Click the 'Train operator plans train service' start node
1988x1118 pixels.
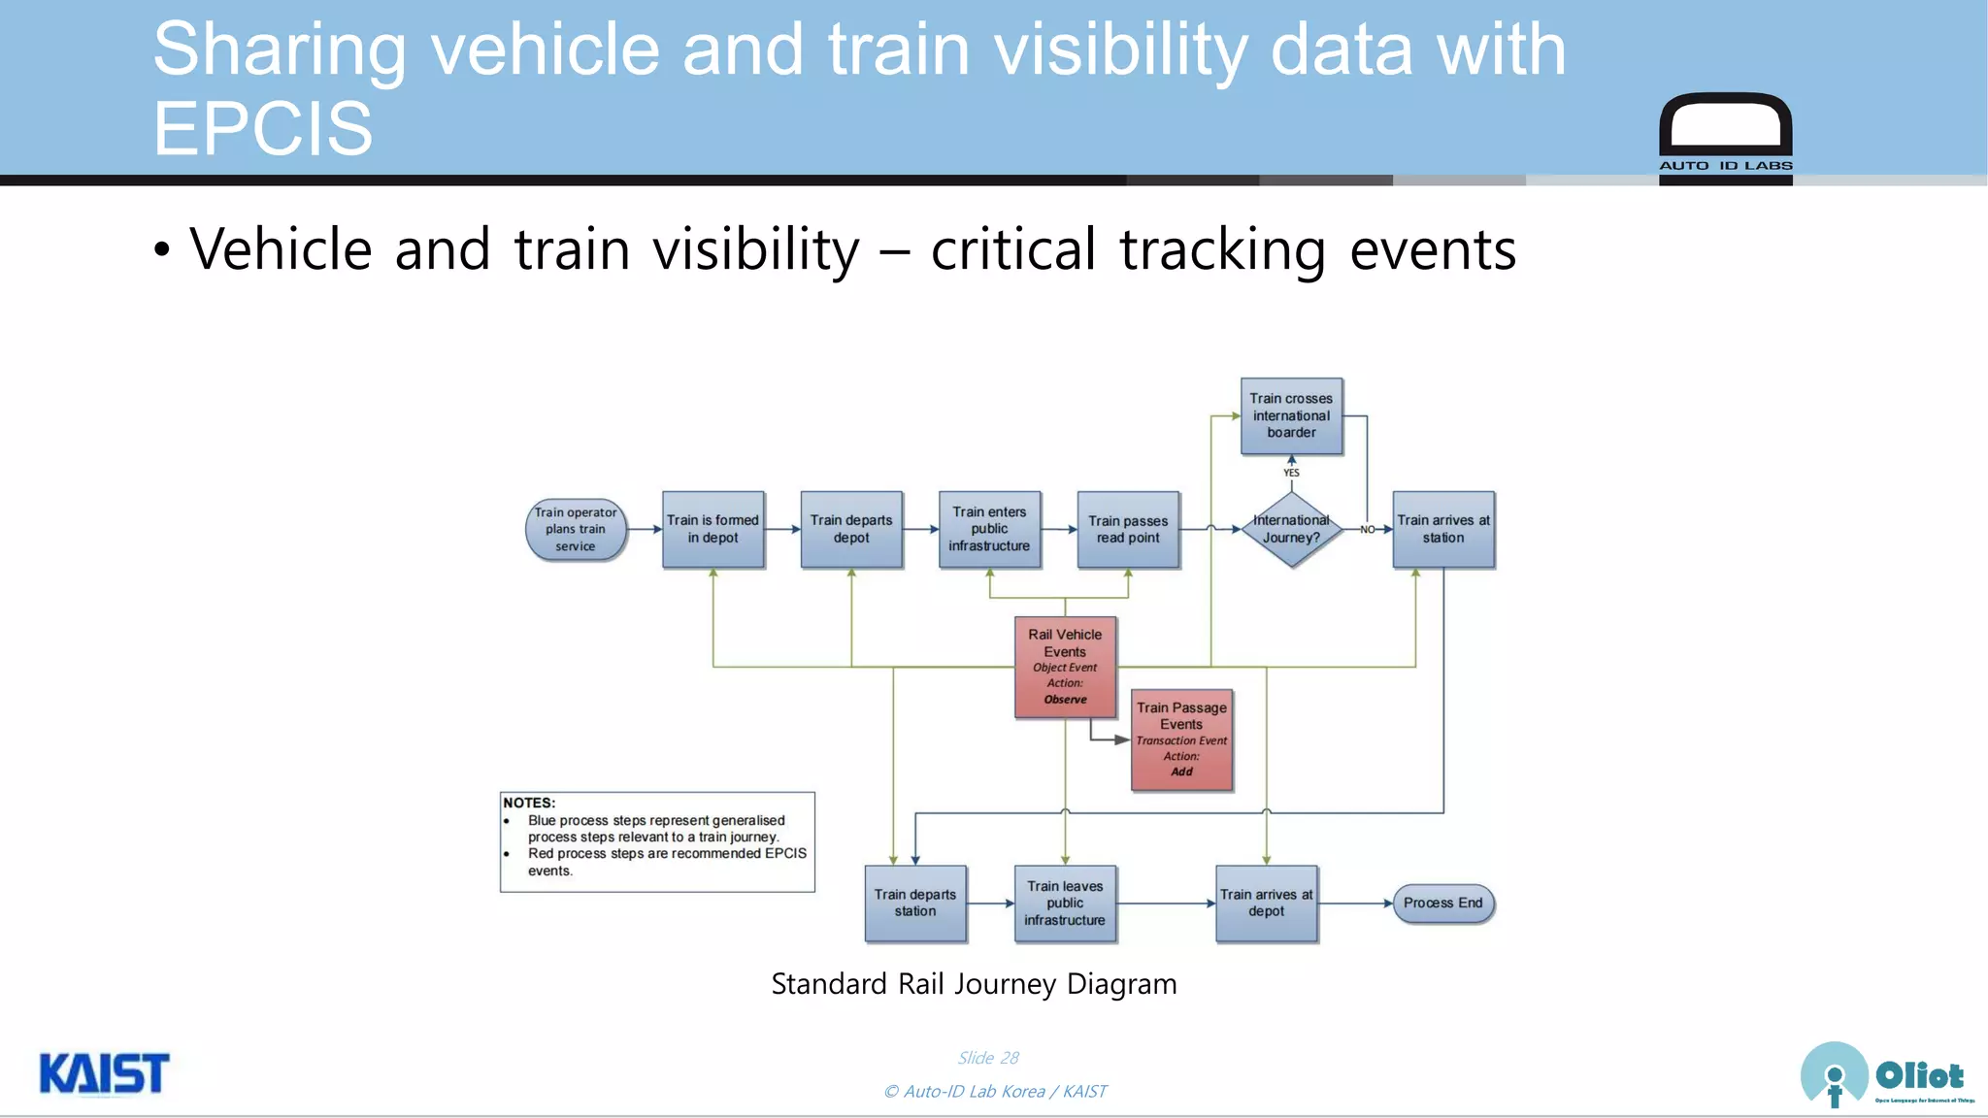point(576,530)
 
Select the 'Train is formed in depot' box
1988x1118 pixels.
point(712,529)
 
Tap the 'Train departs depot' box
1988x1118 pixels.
point(851,529)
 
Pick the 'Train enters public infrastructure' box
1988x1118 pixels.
point(989,529)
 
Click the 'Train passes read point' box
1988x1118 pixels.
point(1128,529)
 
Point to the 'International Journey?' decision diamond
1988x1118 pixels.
point(1291,529)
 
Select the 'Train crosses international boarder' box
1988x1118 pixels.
point(1291,415)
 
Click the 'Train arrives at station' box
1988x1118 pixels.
point(1443,529)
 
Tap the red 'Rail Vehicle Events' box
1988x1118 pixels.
point(1065,667)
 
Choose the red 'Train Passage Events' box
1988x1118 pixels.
point(1181,740)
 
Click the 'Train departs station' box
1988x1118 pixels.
point(915,903)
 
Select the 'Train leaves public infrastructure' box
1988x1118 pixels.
point(1065,903)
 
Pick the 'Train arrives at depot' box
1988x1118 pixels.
point(1266,903)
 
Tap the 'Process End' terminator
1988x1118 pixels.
point(1442,903)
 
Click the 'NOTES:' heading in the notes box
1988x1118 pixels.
point(529,803)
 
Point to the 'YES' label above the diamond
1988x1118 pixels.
point(1291,473)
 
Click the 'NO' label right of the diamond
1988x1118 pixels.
point(1367,530)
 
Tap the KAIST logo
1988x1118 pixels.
point(104,1074)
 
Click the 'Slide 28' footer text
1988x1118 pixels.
point(988,1058)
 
